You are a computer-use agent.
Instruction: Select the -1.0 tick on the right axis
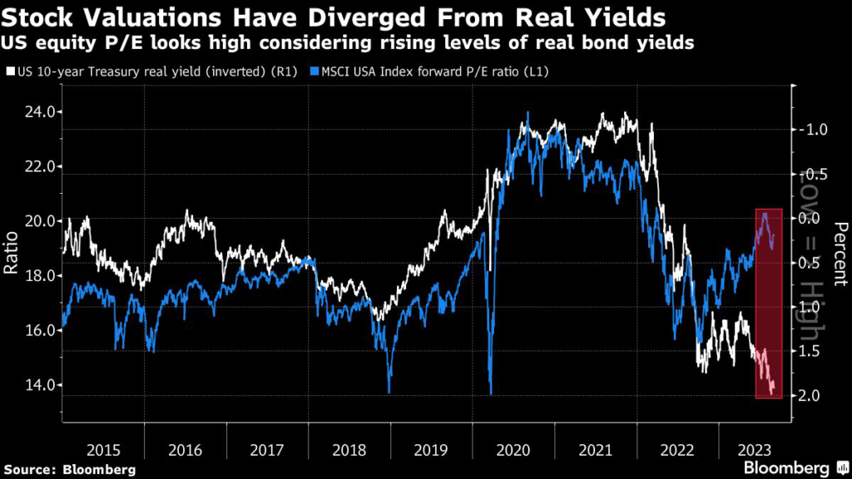point(810,130)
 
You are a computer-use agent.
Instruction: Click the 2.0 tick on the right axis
point(811,394)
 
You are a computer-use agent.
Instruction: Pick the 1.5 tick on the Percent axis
point(811,351)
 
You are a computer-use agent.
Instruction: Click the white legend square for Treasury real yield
point(9,72)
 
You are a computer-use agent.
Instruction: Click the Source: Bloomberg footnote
point(67,468)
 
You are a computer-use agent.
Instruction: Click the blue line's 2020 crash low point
point(491,393)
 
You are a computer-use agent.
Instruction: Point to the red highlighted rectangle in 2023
point(768,304)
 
